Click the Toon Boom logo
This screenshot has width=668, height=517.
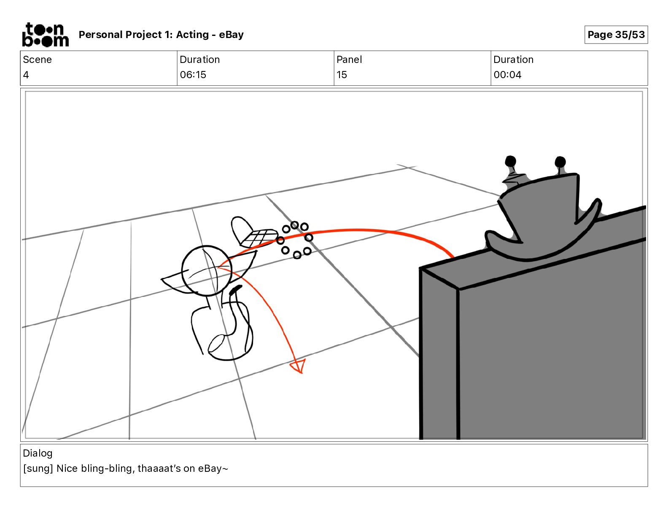pos(45,35)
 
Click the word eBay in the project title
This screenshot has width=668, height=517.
pos(231,35)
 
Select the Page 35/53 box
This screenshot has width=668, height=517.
pos(616,35)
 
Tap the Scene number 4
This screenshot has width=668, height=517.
pos(26,75)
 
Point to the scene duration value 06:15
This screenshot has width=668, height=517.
pos(193,75)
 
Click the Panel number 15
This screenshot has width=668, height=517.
pos(342,75)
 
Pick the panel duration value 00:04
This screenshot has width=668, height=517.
pos(507,75)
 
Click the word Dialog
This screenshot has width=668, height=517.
pos(38,453)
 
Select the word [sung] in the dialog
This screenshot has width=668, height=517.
pos(38,468)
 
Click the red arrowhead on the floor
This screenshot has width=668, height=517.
pos(299,366)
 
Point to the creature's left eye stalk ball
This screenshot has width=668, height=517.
pos(510,161)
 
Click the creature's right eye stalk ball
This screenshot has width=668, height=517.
pos(560,162)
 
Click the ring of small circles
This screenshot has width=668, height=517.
pos(295,239)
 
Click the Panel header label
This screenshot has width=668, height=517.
pos(349,60)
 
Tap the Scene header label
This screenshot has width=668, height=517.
pos(37,60)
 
